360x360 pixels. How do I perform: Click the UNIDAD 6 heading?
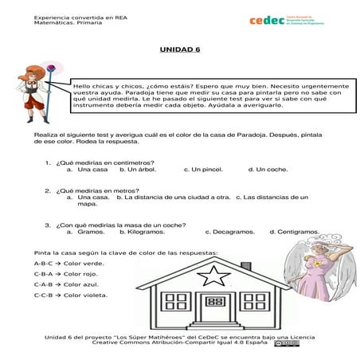pyautogui.click(x=180, y=49)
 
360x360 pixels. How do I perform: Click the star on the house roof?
pyautogui.click(x=216, y=276)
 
